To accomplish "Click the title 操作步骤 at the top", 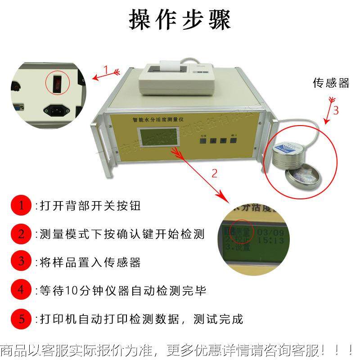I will [180, 20].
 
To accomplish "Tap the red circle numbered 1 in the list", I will [21, 206].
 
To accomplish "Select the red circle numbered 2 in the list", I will [21, 234].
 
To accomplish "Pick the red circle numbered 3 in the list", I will [21, 262].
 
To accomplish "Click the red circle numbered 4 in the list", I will [21, 290].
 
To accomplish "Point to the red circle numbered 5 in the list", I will [21, 319].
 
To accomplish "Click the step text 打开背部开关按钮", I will [90, 207].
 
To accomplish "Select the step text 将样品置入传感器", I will [90, 262].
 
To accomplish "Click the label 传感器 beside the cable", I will [331, 83].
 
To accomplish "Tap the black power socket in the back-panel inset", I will [53, 109].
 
